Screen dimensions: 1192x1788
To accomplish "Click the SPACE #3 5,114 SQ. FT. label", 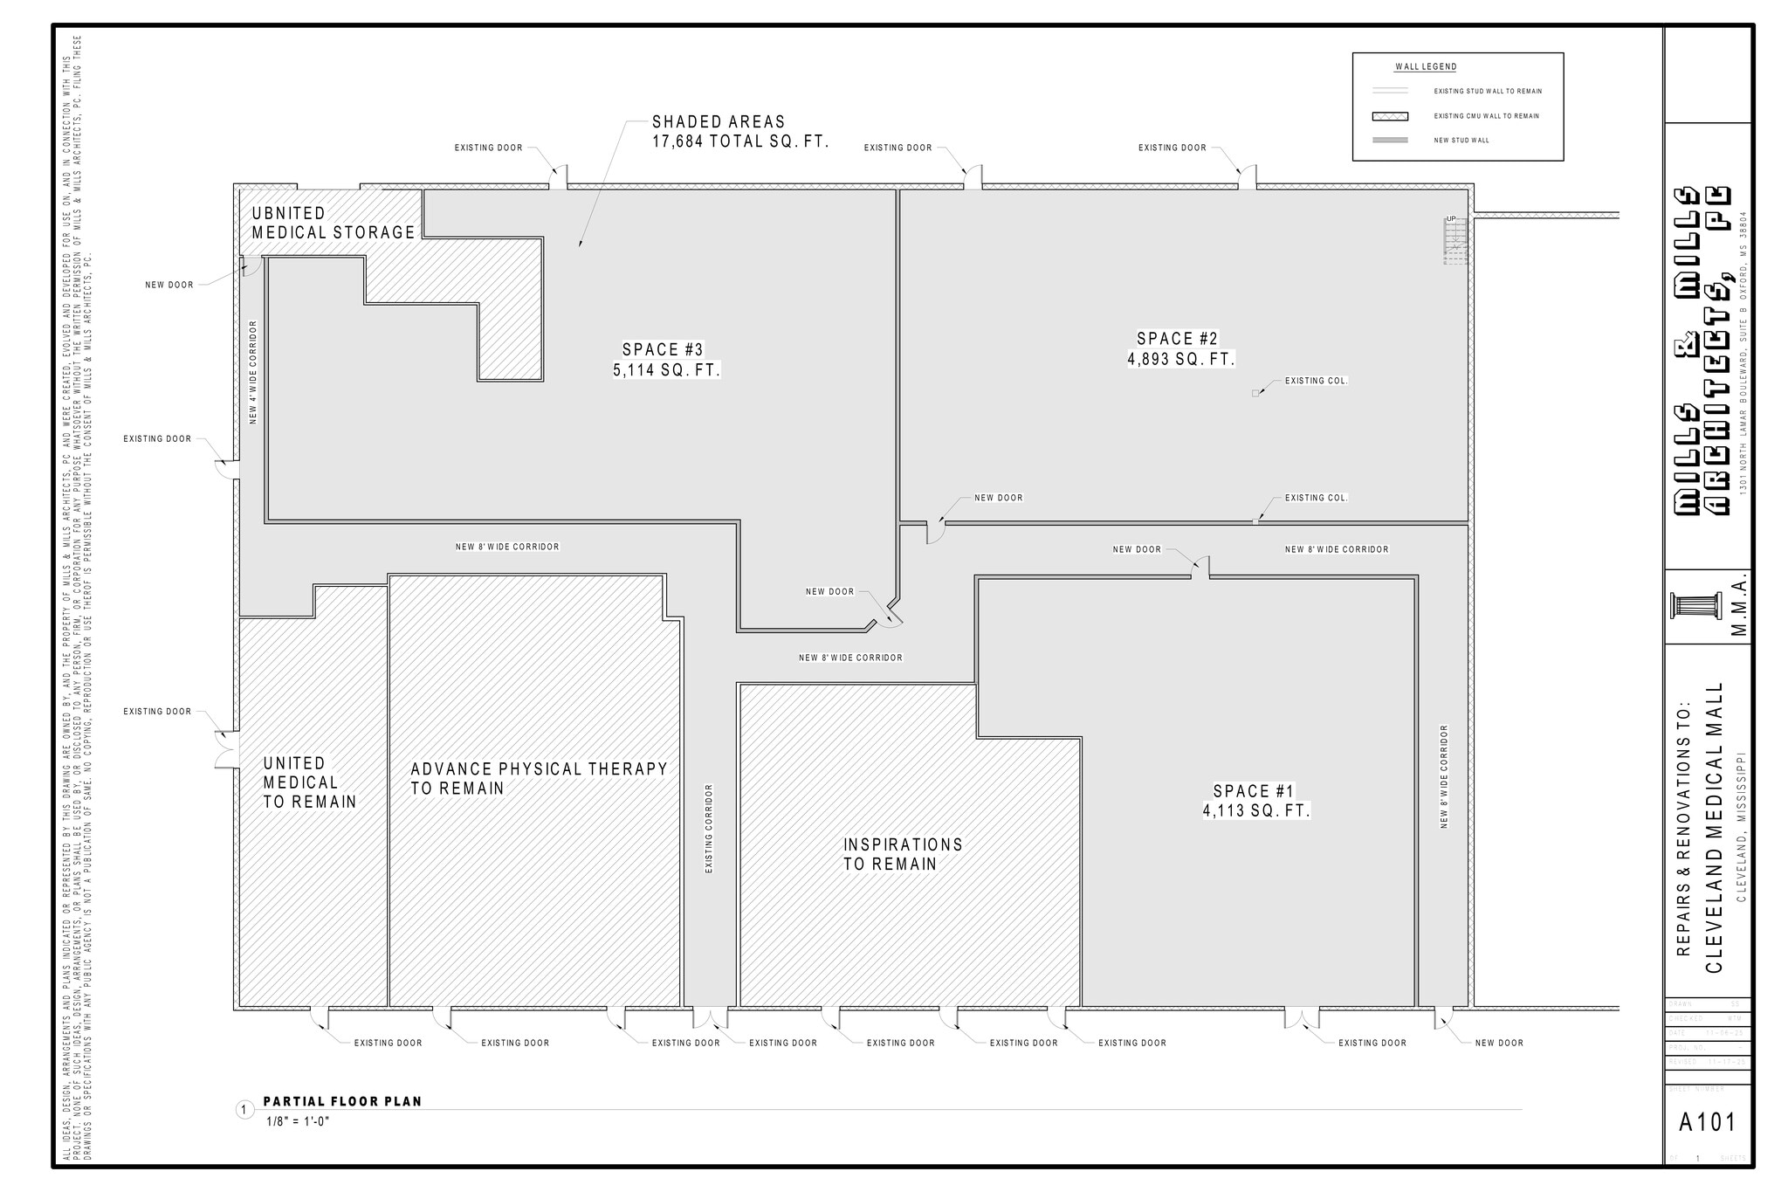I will pyautogui.click(x=667, y=360).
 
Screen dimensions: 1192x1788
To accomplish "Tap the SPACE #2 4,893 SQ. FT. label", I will pyautogui.click(x=1180, y=348).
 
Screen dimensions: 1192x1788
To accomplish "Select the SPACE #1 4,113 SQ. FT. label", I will pyautogui.click(x=1255, y=801).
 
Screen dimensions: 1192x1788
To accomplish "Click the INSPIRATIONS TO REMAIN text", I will pyautogui.click(x=902, y=854).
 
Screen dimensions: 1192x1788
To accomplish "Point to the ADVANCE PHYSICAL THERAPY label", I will pyautogui.click(x=539, y=769).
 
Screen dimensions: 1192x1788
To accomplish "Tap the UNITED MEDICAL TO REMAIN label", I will pyautogui.click(x=309, y=782).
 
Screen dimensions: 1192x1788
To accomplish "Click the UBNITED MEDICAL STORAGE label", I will pyautogui.click(x=333, y=223).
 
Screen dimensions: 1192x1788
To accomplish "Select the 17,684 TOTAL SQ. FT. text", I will pyautogui.click(x=739, y=141).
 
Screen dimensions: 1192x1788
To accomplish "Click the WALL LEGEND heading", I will pyautogui.click(x=1425, y=67).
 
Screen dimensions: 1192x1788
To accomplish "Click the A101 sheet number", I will pyautogui.click(x=1707, y=1122).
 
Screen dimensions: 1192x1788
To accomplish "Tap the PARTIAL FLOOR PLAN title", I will pyautogui.click(x=342, y=1101).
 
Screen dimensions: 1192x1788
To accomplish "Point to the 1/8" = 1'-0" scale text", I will pyautogui.click(x=298, y=1121).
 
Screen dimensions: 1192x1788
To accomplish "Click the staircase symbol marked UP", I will pyautogui.click(x=1454, y=241).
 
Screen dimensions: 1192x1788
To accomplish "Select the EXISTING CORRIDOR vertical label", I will pyautogui.click(x=709, y=828).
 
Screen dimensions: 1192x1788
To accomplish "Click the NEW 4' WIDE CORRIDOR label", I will pyautogui.click(x=253, y=372).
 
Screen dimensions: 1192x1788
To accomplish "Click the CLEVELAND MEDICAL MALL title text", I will pyautogui.click(x=1714, y=827).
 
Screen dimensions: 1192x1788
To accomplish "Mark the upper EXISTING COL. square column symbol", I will pyautogui.click(x=1255, y=394).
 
